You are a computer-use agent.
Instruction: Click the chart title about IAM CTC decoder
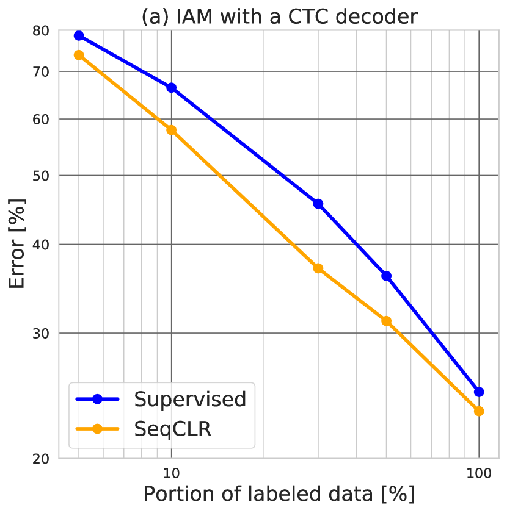279,16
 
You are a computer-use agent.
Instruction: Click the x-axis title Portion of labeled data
279,493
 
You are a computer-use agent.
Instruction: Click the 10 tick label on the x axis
171,473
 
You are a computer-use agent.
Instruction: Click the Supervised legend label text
190,399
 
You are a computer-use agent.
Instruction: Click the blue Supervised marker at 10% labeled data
171,88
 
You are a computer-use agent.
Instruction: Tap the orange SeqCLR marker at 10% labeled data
171,130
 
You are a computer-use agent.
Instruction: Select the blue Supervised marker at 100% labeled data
479,392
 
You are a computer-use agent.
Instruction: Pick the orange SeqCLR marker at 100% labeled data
479,411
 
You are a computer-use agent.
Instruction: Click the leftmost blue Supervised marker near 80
79,35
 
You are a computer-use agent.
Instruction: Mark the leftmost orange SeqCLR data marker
79,55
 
